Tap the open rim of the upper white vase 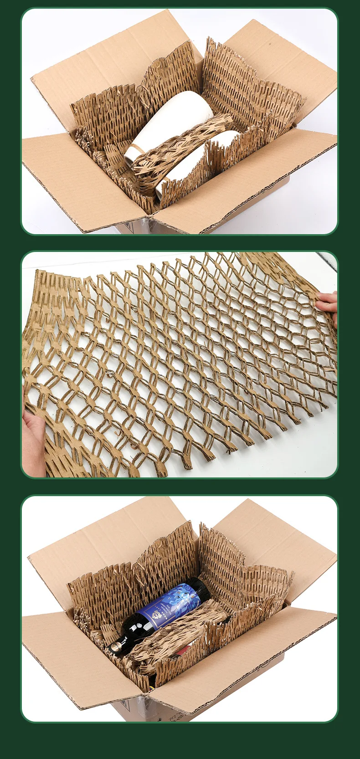tap(132, 155)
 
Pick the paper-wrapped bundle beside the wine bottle tap(178, 633)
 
